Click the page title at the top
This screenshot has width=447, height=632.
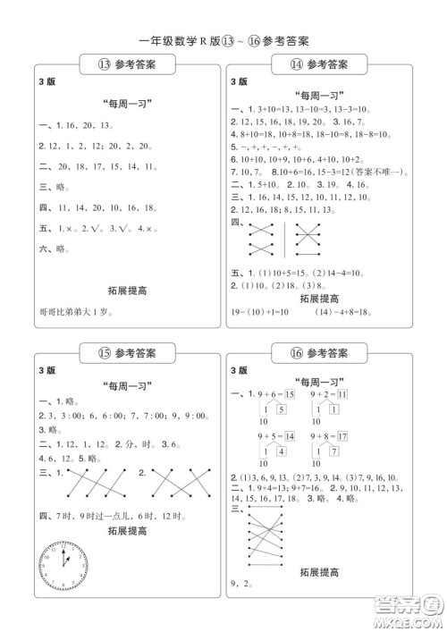[223, 40]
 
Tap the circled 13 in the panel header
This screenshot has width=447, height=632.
[105, 64]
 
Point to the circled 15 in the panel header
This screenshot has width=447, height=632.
[105, 351]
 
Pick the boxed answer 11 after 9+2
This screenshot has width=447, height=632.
[367, 393]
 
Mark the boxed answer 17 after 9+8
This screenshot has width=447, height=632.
[367, 435]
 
